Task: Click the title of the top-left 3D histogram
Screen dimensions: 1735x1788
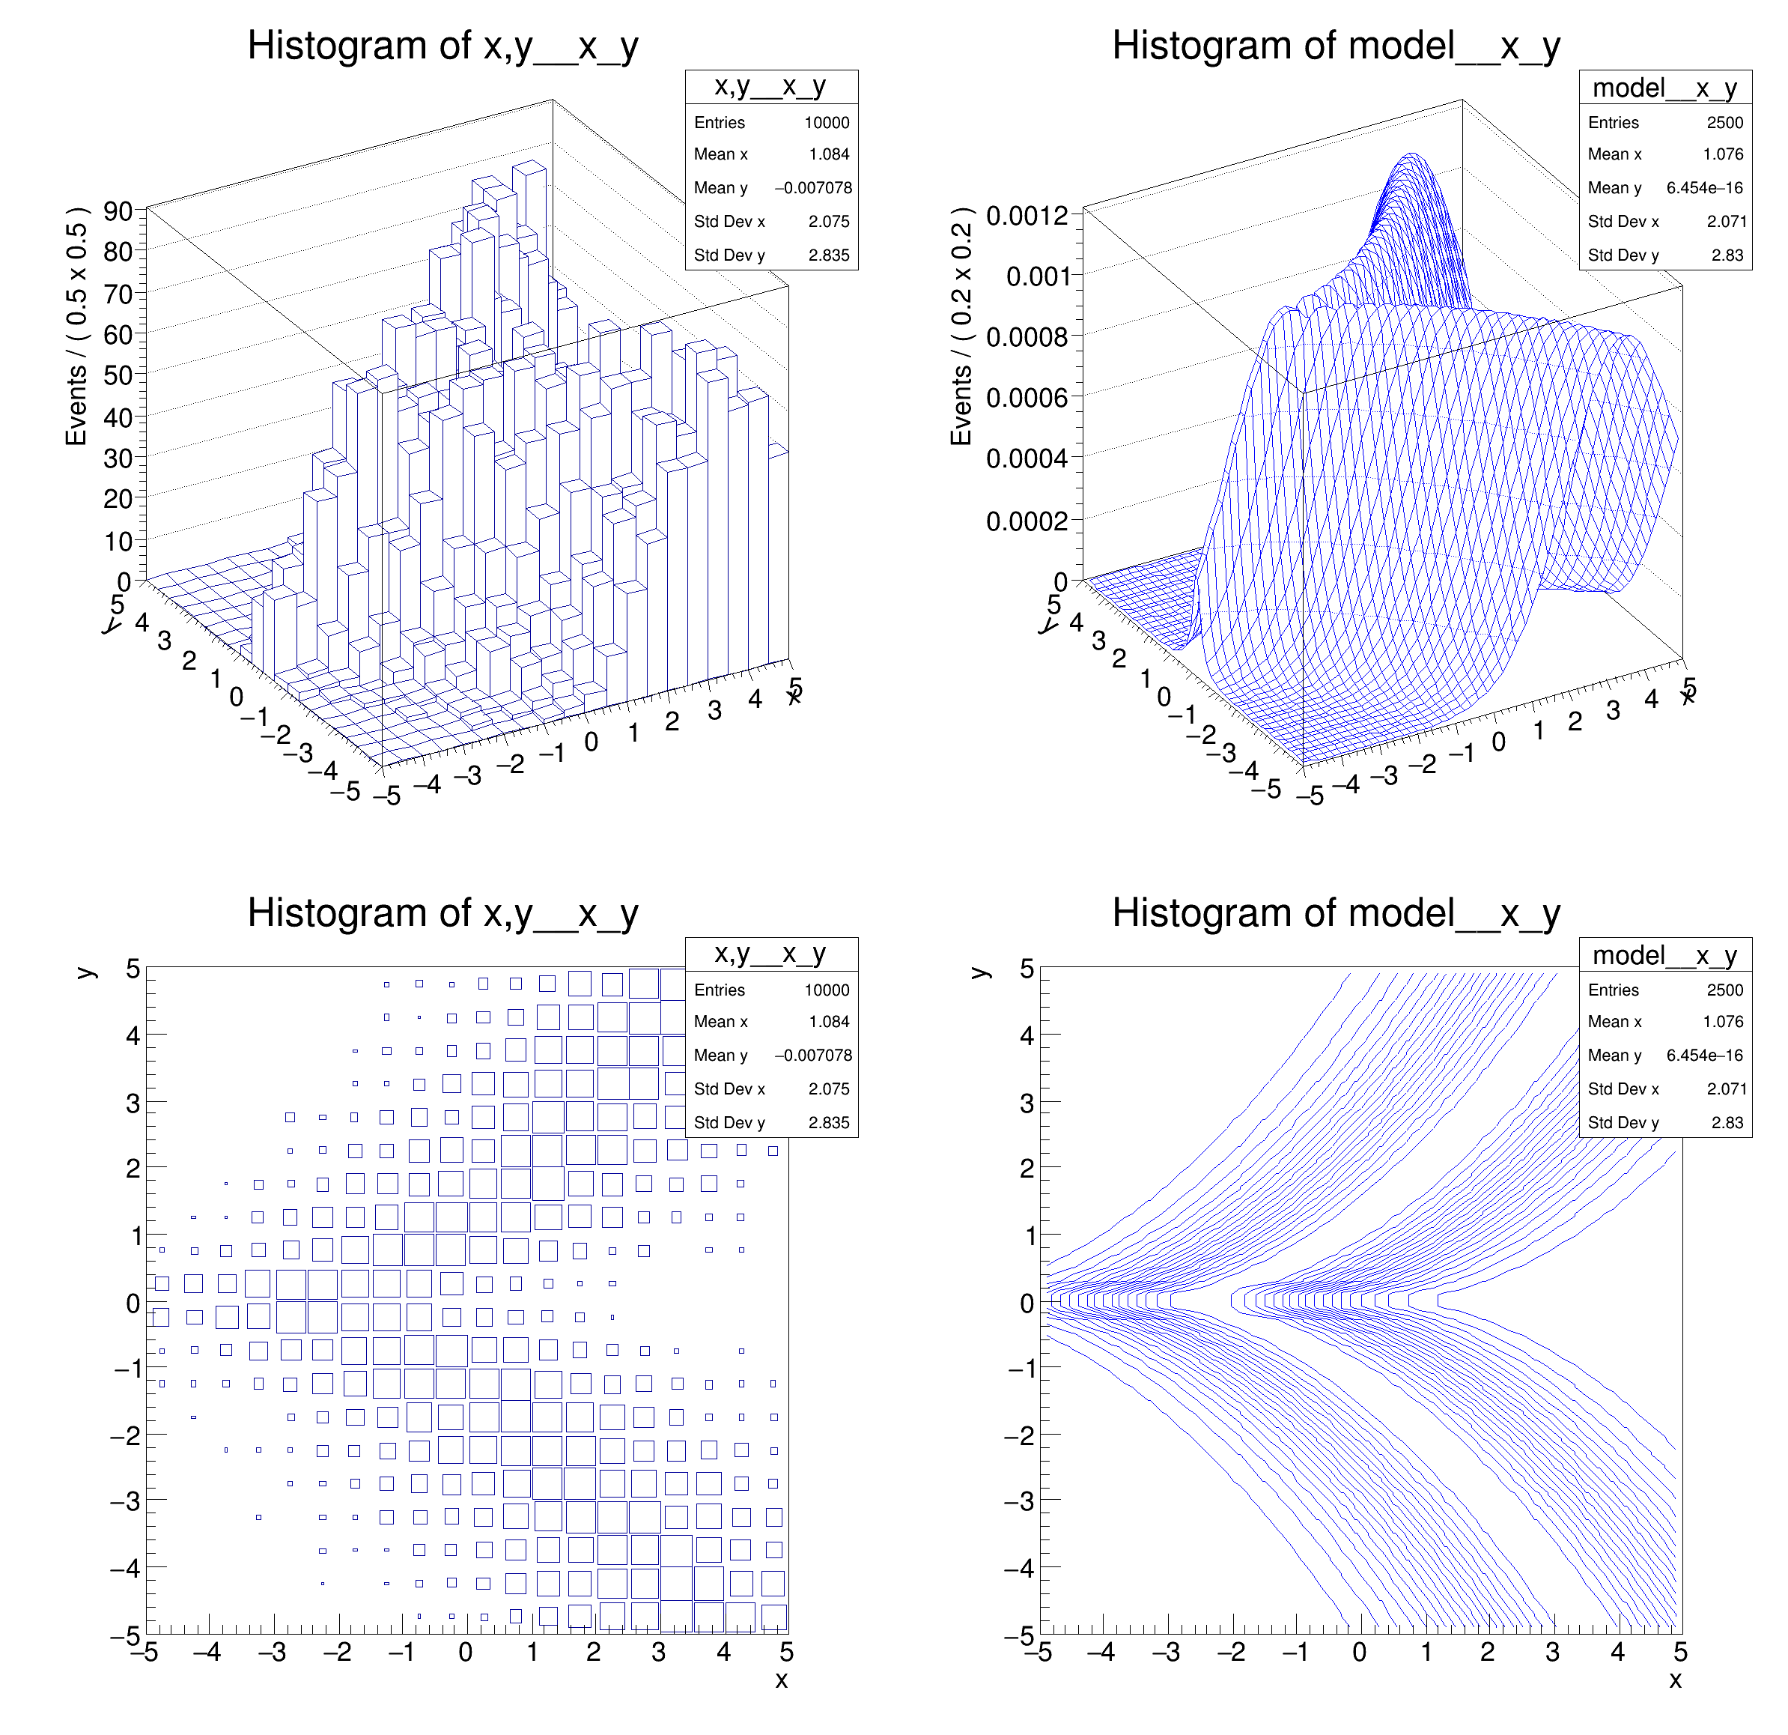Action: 443,46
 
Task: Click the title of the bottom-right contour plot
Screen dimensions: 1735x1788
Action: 1336,914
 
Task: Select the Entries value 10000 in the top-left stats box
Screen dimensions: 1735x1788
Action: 826,122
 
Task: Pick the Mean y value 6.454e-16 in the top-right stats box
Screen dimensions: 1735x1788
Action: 1703,188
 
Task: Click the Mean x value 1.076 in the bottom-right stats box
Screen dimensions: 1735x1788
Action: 1722,1023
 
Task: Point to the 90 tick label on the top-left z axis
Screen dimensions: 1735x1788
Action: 118,212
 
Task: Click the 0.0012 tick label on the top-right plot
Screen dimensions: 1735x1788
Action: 1027,217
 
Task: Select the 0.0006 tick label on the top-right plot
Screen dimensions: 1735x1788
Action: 1027,398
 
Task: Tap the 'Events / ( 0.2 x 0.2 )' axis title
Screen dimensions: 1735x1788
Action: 961,326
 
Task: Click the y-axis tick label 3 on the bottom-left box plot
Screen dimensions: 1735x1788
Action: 133,1103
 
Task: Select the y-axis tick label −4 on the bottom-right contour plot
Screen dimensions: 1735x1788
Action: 1020,1569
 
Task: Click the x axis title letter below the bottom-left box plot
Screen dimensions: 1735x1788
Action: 781,1680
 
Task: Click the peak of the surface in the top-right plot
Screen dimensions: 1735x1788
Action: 1412,155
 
